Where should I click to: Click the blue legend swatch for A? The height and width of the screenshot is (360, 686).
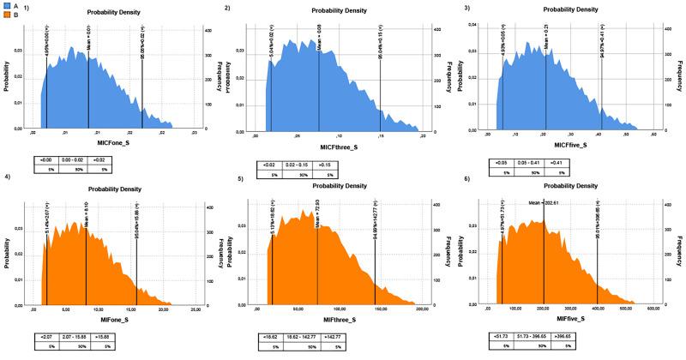(x=5, y=4)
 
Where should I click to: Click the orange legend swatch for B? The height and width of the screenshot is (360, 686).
(x=5, y=14)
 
